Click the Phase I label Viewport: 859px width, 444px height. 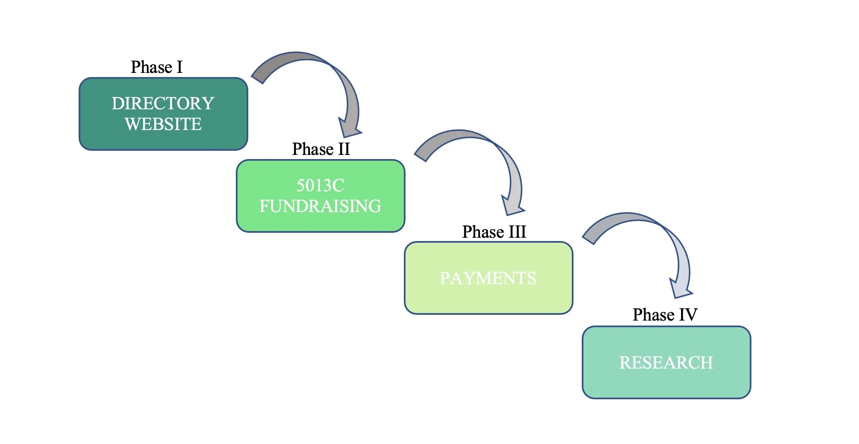156,67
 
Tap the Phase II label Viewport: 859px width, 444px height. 321,149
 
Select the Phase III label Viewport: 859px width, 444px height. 494,232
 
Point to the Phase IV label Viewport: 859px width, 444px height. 665,315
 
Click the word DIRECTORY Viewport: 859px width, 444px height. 163,104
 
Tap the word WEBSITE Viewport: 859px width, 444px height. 163,124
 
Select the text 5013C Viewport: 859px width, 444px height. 320,186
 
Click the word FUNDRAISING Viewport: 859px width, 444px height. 320,206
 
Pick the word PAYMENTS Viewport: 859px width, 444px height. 488,278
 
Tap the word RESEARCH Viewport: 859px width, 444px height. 666,363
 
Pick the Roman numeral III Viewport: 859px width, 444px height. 517,232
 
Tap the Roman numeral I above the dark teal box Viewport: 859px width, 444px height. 179,67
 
